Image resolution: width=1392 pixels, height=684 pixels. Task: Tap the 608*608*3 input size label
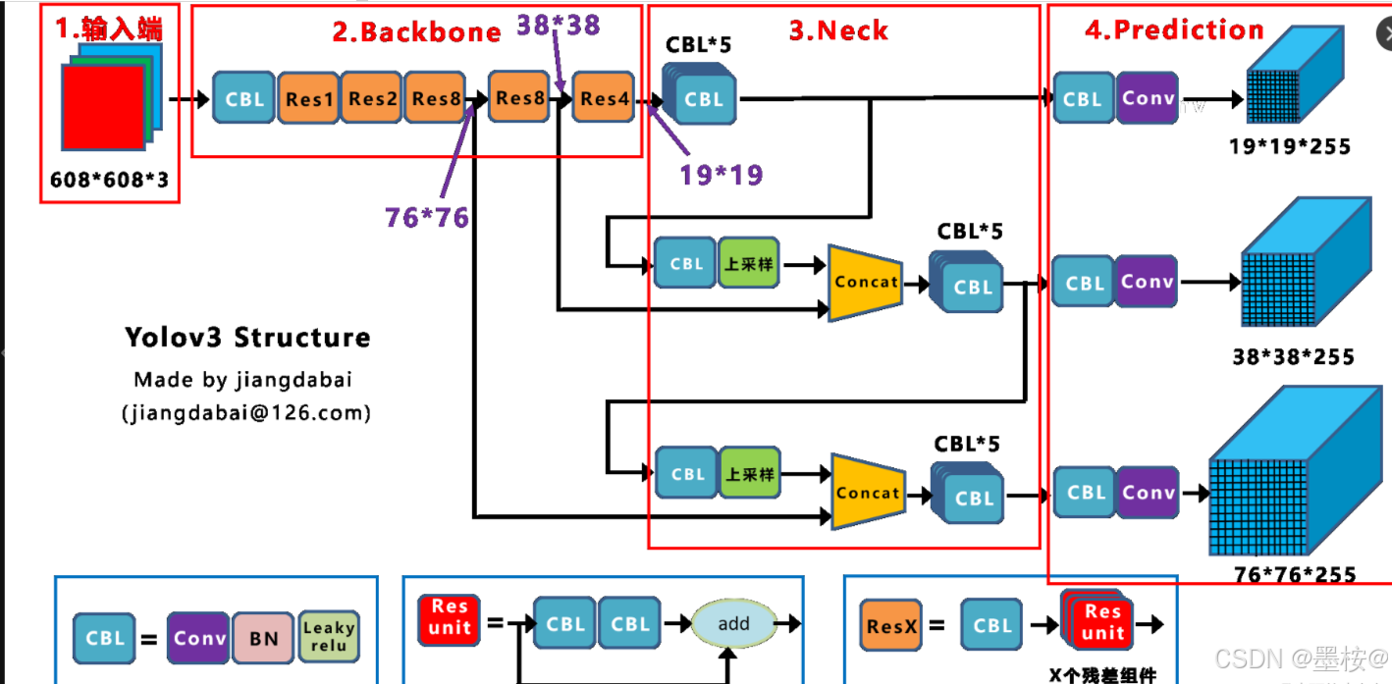(x=108, y=181)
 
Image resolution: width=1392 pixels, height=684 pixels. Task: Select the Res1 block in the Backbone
(x=309, y=98)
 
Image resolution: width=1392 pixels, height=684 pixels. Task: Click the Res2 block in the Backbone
(x=372, y=98)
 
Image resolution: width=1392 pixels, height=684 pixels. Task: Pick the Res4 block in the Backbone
(x=604, y=98)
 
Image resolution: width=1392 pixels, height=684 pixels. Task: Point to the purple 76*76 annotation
(x=426, y=217)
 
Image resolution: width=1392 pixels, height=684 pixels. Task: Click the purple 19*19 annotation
(x=721, y=175)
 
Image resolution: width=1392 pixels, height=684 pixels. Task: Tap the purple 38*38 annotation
(x=558, y=25)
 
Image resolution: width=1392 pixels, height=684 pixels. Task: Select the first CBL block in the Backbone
(x=244, y=98)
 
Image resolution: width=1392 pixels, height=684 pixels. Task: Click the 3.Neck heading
(x=838, y=30)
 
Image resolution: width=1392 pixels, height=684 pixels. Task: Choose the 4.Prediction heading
(x=1174, y=29)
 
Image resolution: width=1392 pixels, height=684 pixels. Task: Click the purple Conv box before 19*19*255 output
(x=1147, y=98)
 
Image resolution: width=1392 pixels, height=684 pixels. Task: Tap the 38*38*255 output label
(x=1293, y=356)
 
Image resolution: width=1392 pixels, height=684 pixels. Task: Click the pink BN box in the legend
(x=263, y=638)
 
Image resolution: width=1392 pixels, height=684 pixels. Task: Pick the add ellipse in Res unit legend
(x=733, y=623)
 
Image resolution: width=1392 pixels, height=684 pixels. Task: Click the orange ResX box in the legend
(x=891, y=625)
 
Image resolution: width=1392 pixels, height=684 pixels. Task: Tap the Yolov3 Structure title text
(x=247, y=338)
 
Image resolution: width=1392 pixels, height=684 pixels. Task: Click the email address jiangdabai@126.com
(x=246, y=413)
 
